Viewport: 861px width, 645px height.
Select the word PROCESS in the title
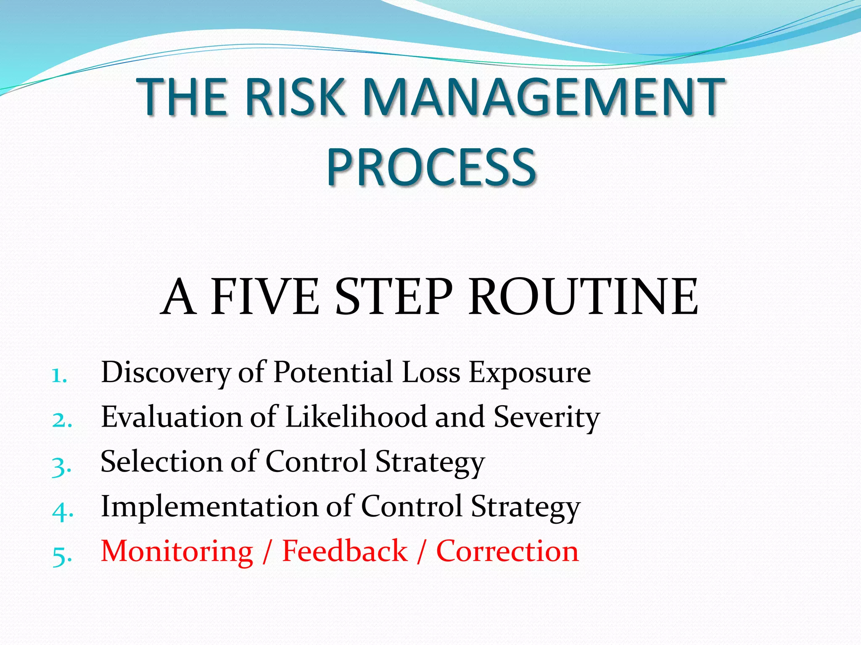pyautogui.click(x=431, y=167)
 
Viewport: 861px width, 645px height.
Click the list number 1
pyautogui.click(x=59, y=375)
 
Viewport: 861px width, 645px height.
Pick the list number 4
pyautogui.click(x=63, y=510)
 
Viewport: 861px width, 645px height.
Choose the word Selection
pyautogui.click(x=161, y=462)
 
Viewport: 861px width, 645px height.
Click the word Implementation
pyautogui.click(x=210, y=506)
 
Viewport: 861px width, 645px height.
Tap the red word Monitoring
pyautogui.click(x=177, y=552)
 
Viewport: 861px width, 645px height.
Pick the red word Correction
pyautogui.click(x=507, y=551)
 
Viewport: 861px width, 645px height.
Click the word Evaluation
pyautogui.click(x=172, y=417)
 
